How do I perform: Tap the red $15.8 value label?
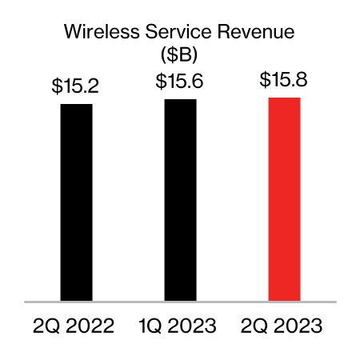click(284, 80)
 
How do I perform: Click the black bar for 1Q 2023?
click(180, 200)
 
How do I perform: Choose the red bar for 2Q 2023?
click(284, 199)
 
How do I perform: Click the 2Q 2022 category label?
click(74, 326)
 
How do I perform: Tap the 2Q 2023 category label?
click(282, 326)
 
